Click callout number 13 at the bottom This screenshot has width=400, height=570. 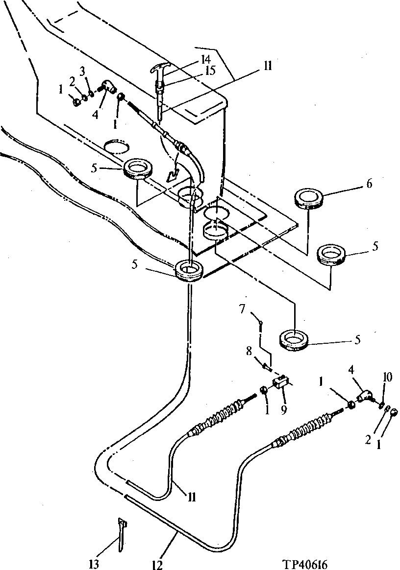click(x=94, y=565)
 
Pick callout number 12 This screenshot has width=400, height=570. click(x=157, y=565)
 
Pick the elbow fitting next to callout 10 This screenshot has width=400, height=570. click(x=365, y=395)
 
